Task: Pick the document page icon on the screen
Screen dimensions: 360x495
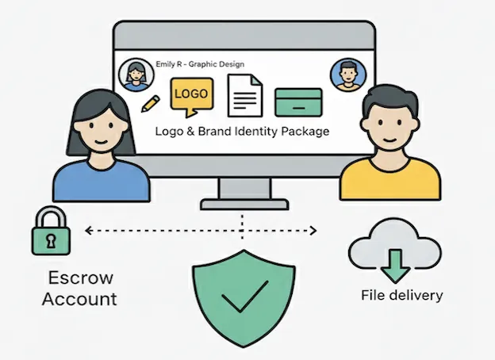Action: click(244, 96)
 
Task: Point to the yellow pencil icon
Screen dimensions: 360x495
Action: click(152, 102)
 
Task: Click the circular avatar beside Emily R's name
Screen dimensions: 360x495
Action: click(133, 75)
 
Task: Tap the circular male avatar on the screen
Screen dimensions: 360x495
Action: click(345, 74)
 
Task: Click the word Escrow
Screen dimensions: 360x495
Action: click(80, 278)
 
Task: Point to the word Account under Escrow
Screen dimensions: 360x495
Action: click(79, 299)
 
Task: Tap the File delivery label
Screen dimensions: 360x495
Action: click(401, 296)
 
